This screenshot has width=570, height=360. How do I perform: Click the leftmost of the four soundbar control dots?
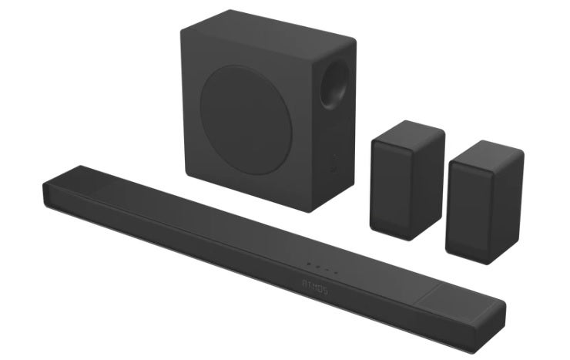308,264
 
